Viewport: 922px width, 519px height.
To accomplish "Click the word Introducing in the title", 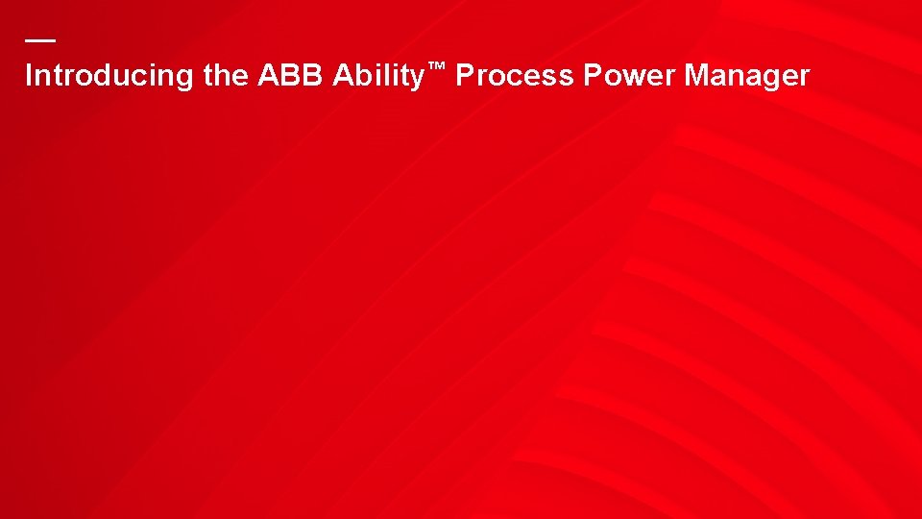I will [110, 76].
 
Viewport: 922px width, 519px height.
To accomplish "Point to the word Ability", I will [378, 76].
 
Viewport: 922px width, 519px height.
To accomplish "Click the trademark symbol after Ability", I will [437, 66].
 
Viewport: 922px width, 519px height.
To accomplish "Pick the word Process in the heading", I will [515, 76].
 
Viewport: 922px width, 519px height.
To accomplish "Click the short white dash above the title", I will [40, 40].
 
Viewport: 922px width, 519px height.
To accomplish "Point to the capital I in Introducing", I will [28, 76].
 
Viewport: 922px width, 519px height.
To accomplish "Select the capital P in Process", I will [464, 76].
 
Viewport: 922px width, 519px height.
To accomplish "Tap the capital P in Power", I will [592, 76].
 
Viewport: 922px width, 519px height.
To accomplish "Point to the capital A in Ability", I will [342, 76].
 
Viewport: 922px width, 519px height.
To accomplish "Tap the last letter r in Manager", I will [805, 78].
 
